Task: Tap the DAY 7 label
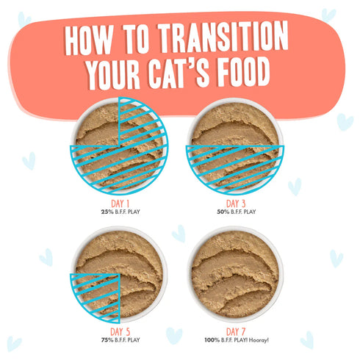click(x=236, y=330)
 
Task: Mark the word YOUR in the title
click(x=112, y=74)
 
